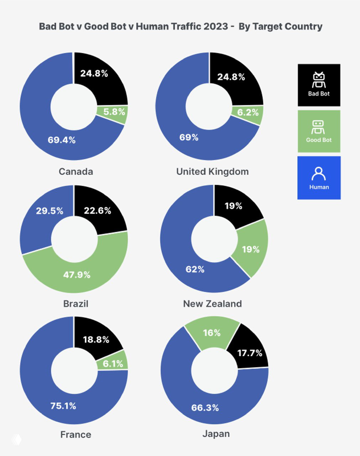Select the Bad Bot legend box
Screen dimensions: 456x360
click(319, 85)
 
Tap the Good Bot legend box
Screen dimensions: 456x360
click(319, 131)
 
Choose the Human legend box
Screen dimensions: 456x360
click(319, 177)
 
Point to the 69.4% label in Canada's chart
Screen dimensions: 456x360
click(62, 140)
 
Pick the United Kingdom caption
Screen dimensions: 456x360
click(212, 172)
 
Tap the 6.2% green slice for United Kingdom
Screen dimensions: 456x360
click(248, 113)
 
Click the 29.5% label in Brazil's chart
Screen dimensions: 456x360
click(49, 211)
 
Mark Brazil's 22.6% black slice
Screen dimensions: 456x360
click(98, 211)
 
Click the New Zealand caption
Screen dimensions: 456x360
click(212, 304)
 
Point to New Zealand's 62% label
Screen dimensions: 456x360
click(195, 269)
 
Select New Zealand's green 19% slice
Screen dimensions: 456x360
click(251, 249)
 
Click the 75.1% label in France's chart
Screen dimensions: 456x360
click(63, 406)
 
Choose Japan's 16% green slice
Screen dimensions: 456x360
click(212, 333)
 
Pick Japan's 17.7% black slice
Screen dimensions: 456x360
click(250, 353)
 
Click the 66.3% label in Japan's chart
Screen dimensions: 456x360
click(205, 408)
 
